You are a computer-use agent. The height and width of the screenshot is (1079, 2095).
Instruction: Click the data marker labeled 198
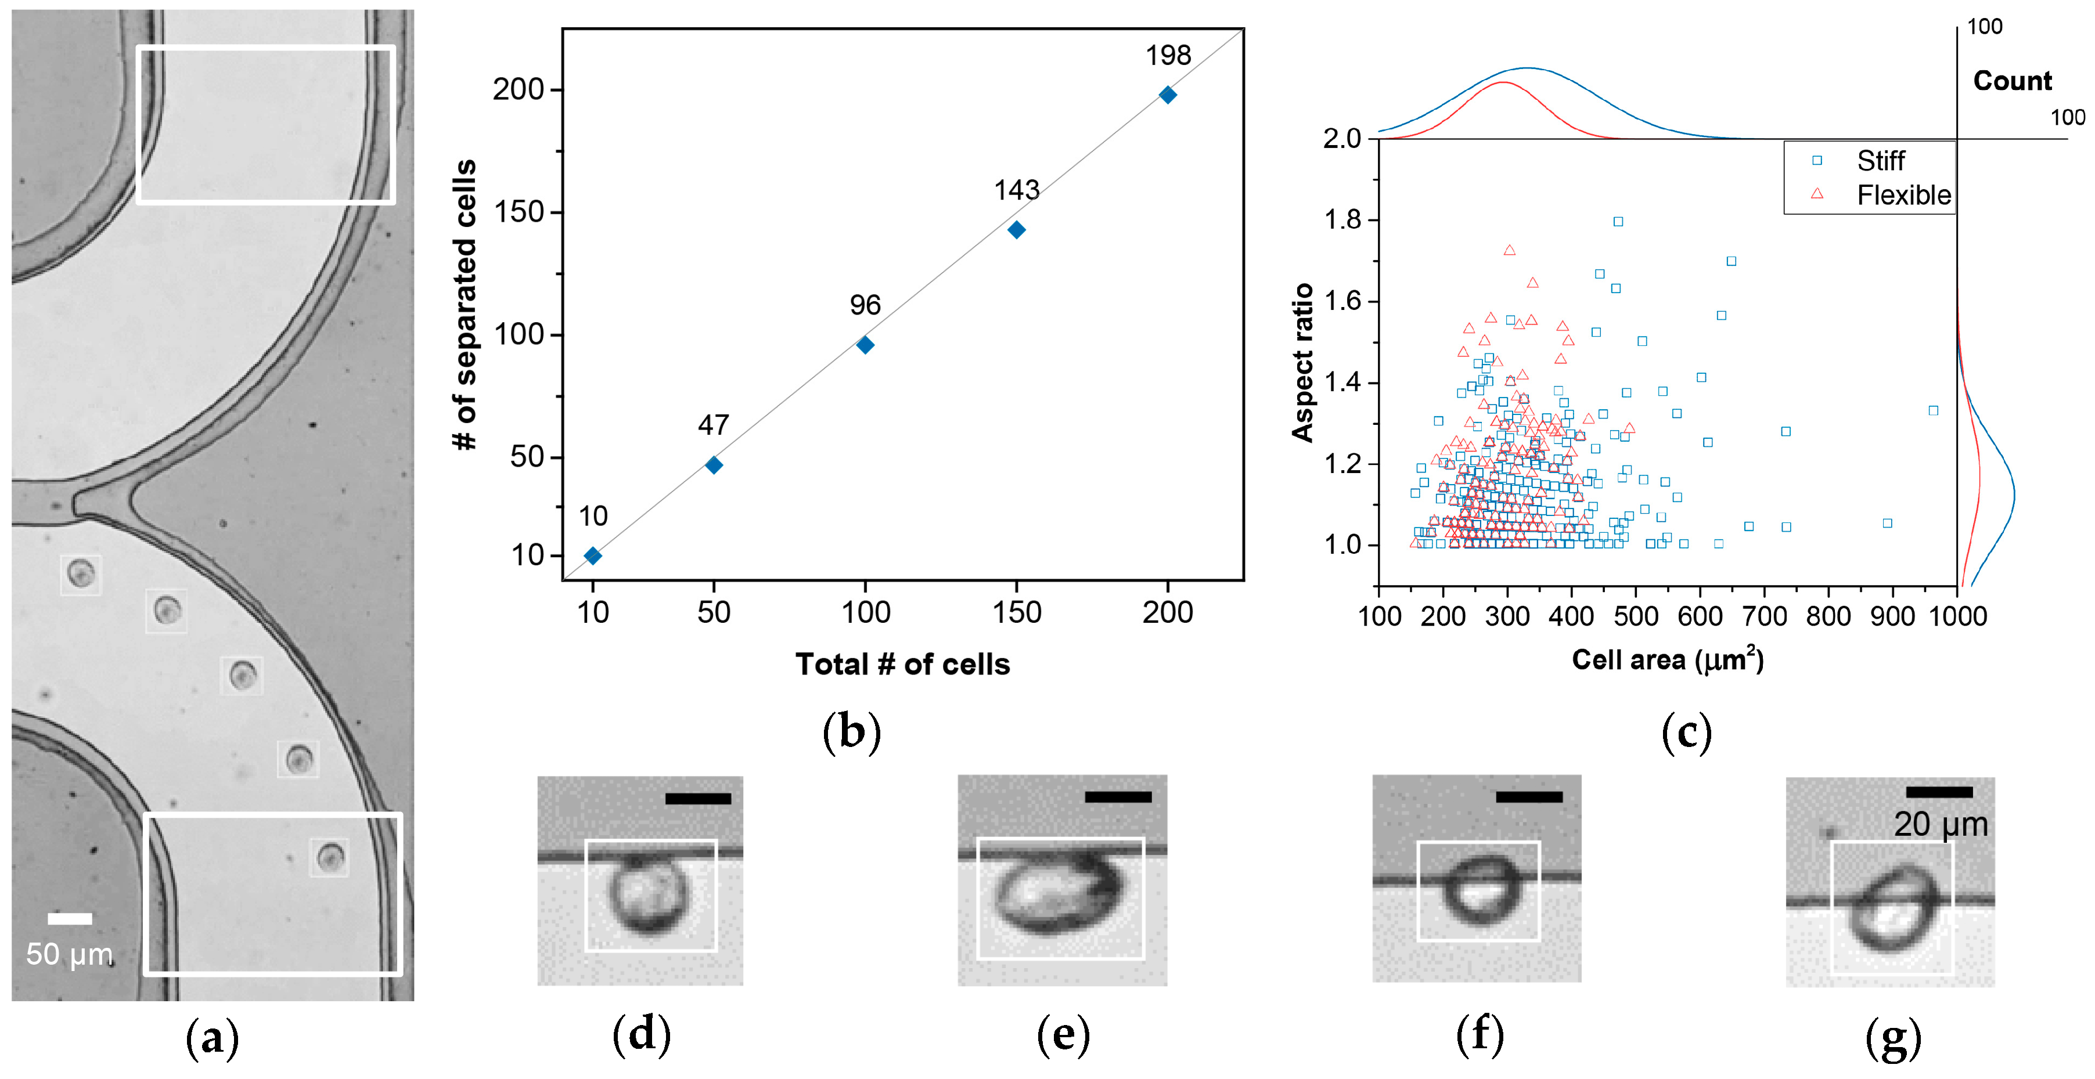pos(1167,95)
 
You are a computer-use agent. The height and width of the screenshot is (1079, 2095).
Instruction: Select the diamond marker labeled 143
pos(1016,230)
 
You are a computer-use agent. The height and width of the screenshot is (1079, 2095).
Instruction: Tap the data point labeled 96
pos(865,345)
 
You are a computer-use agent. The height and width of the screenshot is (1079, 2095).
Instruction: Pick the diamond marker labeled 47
pos(713,465)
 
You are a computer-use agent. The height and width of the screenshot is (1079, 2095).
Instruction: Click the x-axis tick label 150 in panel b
pos(1017,612)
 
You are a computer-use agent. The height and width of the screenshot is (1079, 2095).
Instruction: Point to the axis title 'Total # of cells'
pos(902,665)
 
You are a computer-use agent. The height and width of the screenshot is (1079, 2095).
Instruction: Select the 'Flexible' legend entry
pos(1902,195)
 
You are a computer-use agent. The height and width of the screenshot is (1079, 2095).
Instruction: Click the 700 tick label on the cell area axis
pos(1764,616)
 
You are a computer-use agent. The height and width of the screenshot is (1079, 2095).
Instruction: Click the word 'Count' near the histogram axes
pos(2012,81)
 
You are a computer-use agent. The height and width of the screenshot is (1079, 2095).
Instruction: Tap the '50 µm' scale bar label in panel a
pos(69,954)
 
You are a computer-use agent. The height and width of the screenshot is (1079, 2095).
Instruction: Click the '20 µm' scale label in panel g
pos(1941,825)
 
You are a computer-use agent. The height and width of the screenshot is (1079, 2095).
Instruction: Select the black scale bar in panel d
pos(698,799)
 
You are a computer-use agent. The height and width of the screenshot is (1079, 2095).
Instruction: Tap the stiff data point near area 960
pos(1933,410)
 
